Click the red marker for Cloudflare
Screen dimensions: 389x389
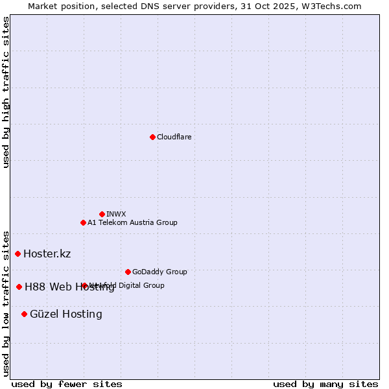tap(152, 137)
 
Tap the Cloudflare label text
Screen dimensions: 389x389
tap(174, 137)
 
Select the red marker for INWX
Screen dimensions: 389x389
tap(102, 214)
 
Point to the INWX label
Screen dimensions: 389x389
tap(116, 214)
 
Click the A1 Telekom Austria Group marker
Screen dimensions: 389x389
tap(83, 222)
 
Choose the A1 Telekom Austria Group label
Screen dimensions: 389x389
tap(132, 222)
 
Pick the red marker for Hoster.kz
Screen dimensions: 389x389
tap(18, 253)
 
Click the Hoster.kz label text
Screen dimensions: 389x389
tap(47, 253)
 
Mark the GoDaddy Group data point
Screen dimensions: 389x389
tap(128, 272)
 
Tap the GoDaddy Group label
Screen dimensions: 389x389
tap(159, 272)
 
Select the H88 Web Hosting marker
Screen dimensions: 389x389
tap(19, 287)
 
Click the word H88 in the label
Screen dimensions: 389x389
tap(35, 287)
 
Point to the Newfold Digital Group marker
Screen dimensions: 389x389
tap(84, 285)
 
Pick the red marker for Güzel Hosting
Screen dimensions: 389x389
tap(25, 314)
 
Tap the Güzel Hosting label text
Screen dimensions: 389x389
tap(65, 314)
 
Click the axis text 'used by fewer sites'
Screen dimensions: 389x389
tap(67, 384)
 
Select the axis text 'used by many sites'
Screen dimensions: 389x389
tap(325, 384)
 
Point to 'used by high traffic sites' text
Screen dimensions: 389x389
tap(6, 92)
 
